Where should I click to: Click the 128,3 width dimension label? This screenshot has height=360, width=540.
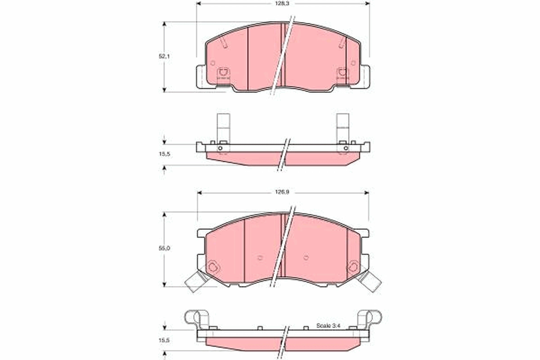coord(283,3)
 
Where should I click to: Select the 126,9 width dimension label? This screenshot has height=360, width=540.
coord(282,192)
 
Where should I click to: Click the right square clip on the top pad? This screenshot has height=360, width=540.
coord(342,72)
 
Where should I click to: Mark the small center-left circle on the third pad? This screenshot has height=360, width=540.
coord(260,258)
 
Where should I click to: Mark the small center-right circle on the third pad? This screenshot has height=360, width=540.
coord(306,258)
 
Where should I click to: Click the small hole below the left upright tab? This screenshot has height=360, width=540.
coord(220,148)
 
